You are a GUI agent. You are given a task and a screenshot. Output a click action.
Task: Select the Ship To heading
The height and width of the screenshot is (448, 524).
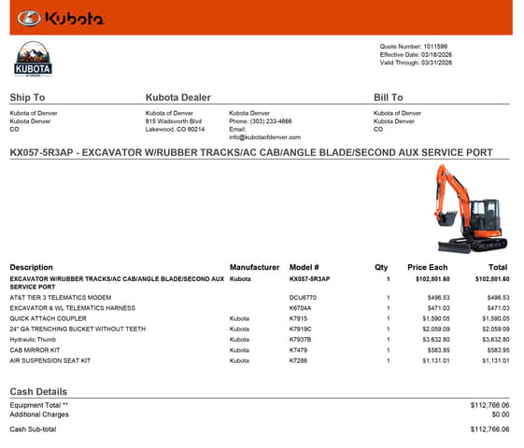click(x=27, y=97)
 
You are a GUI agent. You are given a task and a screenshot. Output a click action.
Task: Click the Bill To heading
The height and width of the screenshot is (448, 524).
click(x=388, y=97)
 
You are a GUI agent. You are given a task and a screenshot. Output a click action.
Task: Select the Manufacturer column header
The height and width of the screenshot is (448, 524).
click(x=254, y=268)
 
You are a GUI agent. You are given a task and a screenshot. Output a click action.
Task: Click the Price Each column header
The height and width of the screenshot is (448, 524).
click(x=428, y=268)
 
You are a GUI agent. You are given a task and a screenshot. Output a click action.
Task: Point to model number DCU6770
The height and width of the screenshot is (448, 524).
click(x=303, y=298)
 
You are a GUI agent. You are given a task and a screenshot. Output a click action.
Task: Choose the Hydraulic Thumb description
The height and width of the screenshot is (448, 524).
click(x=33, y=339)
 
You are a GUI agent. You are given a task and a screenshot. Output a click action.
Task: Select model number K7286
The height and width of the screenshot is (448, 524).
click(x=298, y=359)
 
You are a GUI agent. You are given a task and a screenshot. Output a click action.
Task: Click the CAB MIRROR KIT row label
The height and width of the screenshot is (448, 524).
click(x=37, y=349)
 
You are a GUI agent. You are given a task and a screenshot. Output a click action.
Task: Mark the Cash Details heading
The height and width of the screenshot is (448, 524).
click(x=38, y=391)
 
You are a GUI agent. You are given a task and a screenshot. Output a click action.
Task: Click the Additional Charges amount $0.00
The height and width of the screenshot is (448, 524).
click(x=500, y=413)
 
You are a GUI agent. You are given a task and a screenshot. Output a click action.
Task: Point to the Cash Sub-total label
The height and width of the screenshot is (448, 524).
click(x=33, y=429)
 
